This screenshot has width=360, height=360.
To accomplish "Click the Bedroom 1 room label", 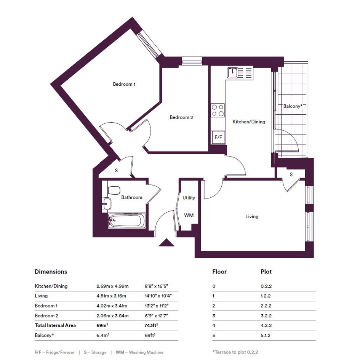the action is coord(124,84).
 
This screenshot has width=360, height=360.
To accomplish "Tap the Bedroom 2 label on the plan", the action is coord(181,117).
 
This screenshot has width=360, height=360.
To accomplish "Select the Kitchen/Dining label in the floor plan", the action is coord(249,122).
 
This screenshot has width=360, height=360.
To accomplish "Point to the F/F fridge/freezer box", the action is coord(218,137).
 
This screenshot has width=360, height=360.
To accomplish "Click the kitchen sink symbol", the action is coord(233,73).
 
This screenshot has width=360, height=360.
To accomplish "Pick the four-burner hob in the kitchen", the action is coord(218,110).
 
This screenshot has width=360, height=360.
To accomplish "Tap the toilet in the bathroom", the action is coord(114,190).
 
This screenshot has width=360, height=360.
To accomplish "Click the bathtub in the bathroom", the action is coord(127,221).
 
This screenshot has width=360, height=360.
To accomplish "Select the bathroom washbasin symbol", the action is coord(107,203).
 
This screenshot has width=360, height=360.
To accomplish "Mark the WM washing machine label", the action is coord(189,215).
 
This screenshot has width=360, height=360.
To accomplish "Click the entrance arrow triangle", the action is coord(166,242).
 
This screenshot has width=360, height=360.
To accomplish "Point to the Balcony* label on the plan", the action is coord(293,106).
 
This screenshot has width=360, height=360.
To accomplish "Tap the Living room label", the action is coord(252,216).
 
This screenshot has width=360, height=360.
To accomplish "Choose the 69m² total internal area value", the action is coord(102,325).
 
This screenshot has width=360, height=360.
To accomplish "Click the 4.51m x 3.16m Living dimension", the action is coord(111,296).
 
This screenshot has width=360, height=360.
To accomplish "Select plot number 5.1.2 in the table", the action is coord(266,335).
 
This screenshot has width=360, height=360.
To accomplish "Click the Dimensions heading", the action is coord(51,272).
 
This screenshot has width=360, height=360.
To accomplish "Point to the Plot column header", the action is coord(266,272).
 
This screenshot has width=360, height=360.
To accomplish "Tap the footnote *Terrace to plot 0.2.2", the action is coord(235,352).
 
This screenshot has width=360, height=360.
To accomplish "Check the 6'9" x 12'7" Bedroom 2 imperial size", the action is coord(157,316).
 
